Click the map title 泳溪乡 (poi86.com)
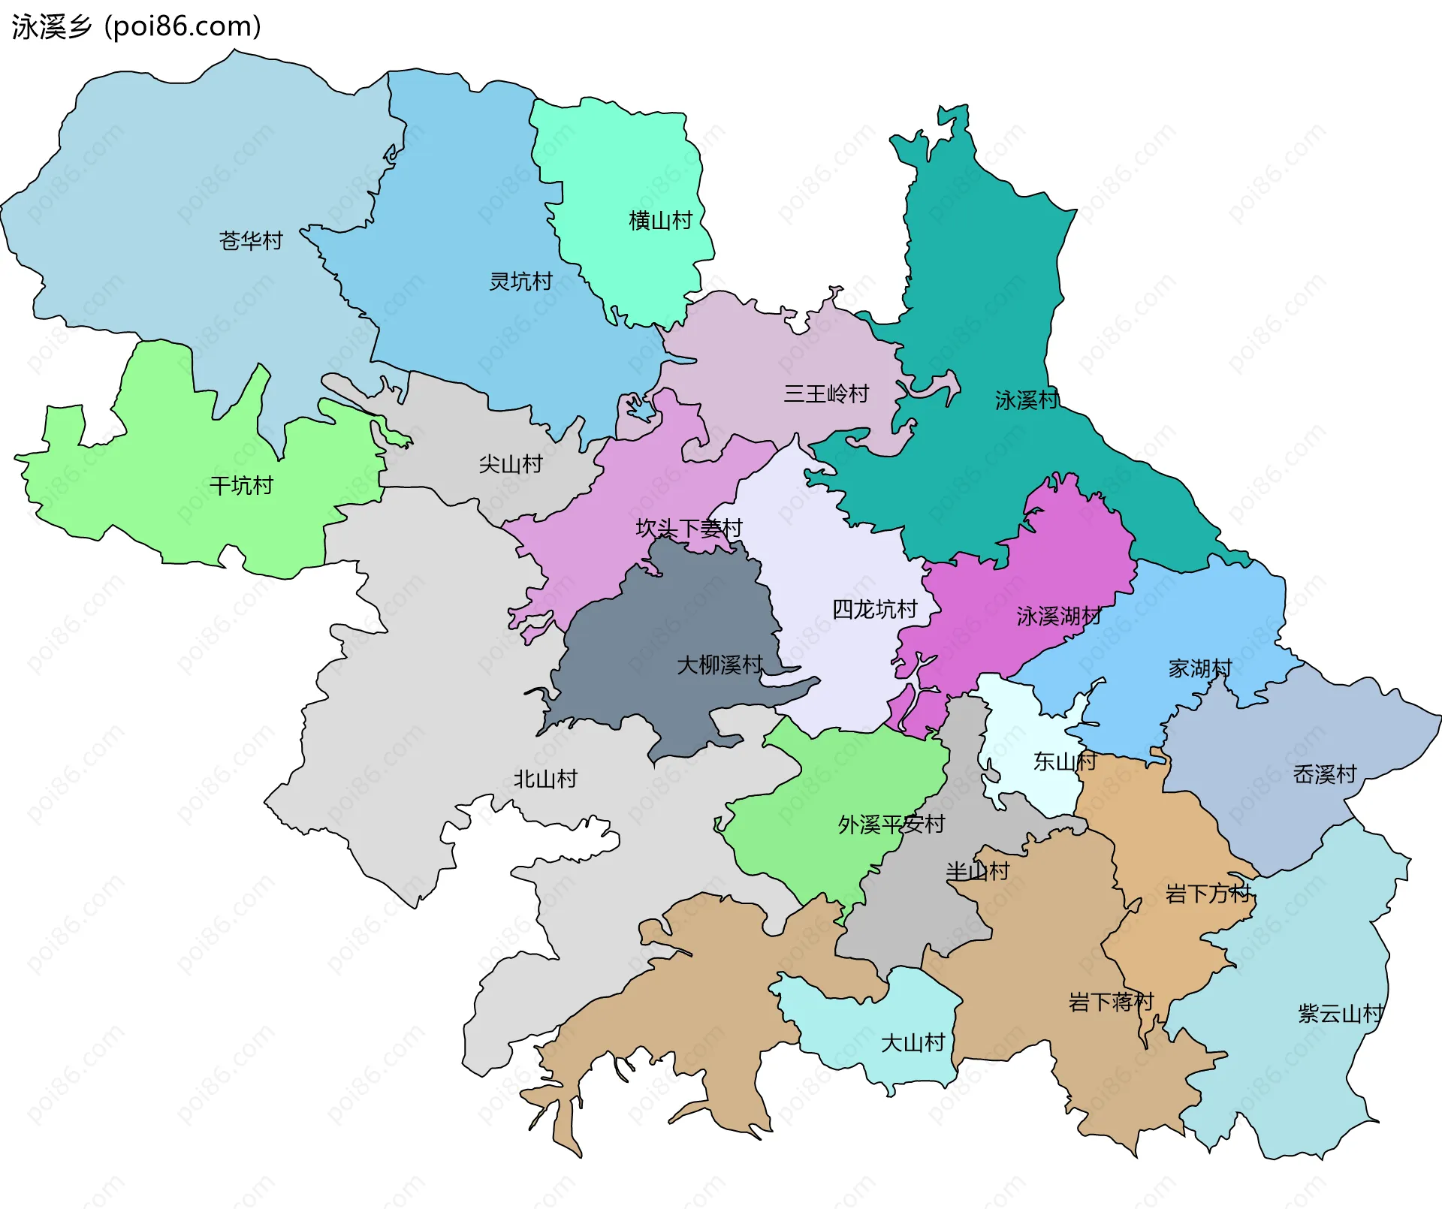[x=137, y=26]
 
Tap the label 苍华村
[x=251, y=240]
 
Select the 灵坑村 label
[x=520, y=282]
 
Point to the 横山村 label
[x=660, y=221]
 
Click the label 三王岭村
[x=826, y=393]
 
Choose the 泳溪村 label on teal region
[x=1027, y=400]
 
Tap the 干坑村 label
[x=241, y=486]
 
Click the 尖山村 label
[x=511, y=464]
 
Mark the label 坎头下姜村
[x=689, y=529]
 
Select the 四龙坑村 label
[x=874, y=609]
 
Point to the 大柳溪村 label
[x=719, y=665]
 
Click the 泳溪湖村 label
[x=1059, y=617]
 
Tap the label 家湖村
[x=1199, y=668]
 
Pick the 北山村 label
[x=545, y=779]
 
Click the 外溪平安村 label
[x=891, y=825]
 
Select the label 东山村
[x=1064, y=761]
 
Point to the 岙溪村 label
[x=1324, y=774]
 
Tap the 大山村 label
[x=913, y=1042]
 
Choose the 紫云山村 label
[x=1340, y=1014]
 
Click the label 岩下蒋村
[x=1111, y=1002]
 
